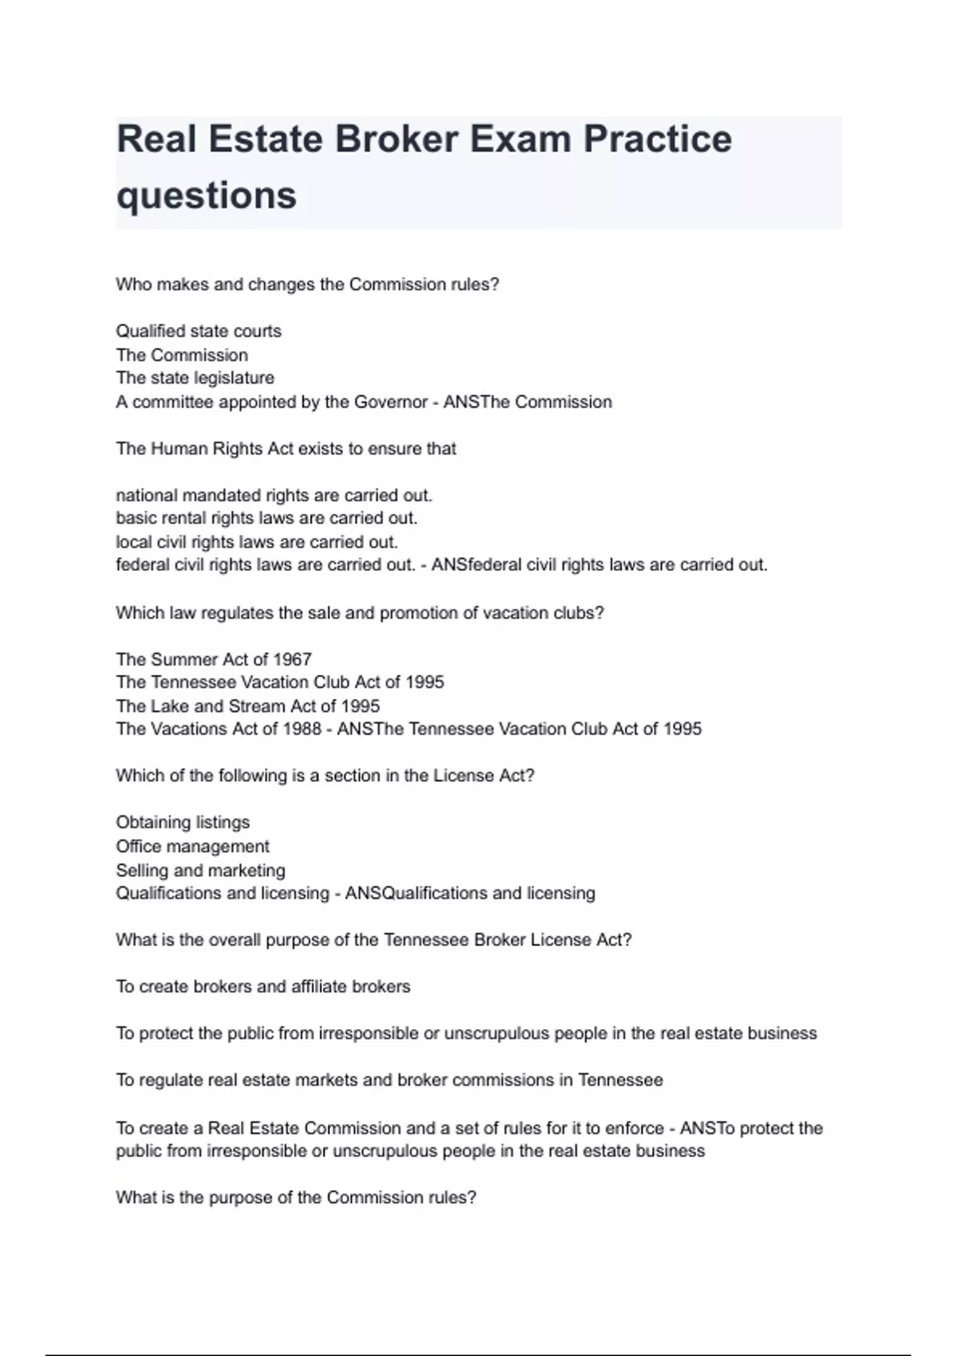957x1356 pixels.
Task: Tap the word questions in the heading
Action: pos(207,195)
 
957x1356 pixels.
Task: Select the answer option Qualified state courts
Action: pos(199,331)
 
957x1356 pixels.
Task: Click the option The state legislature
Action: pos(195,378)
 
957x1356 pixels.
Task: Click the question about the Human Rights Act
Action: pos(286,449)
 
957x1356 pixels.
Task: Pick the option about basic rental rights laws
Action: pos(266,518)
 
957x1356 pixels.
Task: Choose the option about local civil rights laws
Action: pos(256,542)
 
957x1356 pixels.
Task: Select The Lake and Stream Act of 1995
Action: pos(247,707)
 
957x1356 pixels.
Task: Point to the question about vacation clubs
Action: pos(360,613)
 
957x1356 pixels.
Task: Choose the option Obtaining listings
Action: pos(183,822)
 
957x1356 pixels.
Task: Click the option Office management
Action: pos(192,846)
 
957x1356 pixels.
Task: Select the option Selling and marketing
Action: pos(200,870)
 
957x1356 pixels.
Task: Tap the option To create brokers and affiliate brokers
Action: pos(262,987)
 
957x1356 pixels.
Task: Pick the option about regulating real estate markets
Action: pos(389,1080)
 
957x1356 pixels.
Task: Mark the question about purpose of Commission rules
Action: pos(296,1198)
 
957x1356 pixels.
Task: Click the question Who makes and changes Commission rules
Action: pos(307,285)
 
